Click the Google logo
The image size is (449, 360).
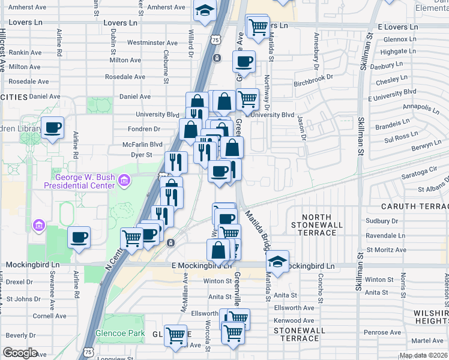pyautogui.click(x=20, y=352)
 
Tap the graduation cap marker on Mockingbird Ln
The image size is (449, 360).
pyautogui.click(x=277, y=261)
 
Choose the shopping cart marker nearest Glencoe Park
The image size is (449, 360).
pyautogui.click(x=176, y=336)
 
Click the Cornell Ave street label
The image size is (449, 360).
pyautogui.click(x=49, y=316)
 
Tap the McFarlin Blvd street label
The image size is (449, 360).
pyautogui.click(x=142, y=144)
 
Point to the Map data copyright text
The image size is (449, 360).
pyautogui.click(x=423, y=355)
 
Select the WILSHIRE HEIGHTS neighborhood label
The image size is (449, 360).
pyautogui.click(x=431, y=317)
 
